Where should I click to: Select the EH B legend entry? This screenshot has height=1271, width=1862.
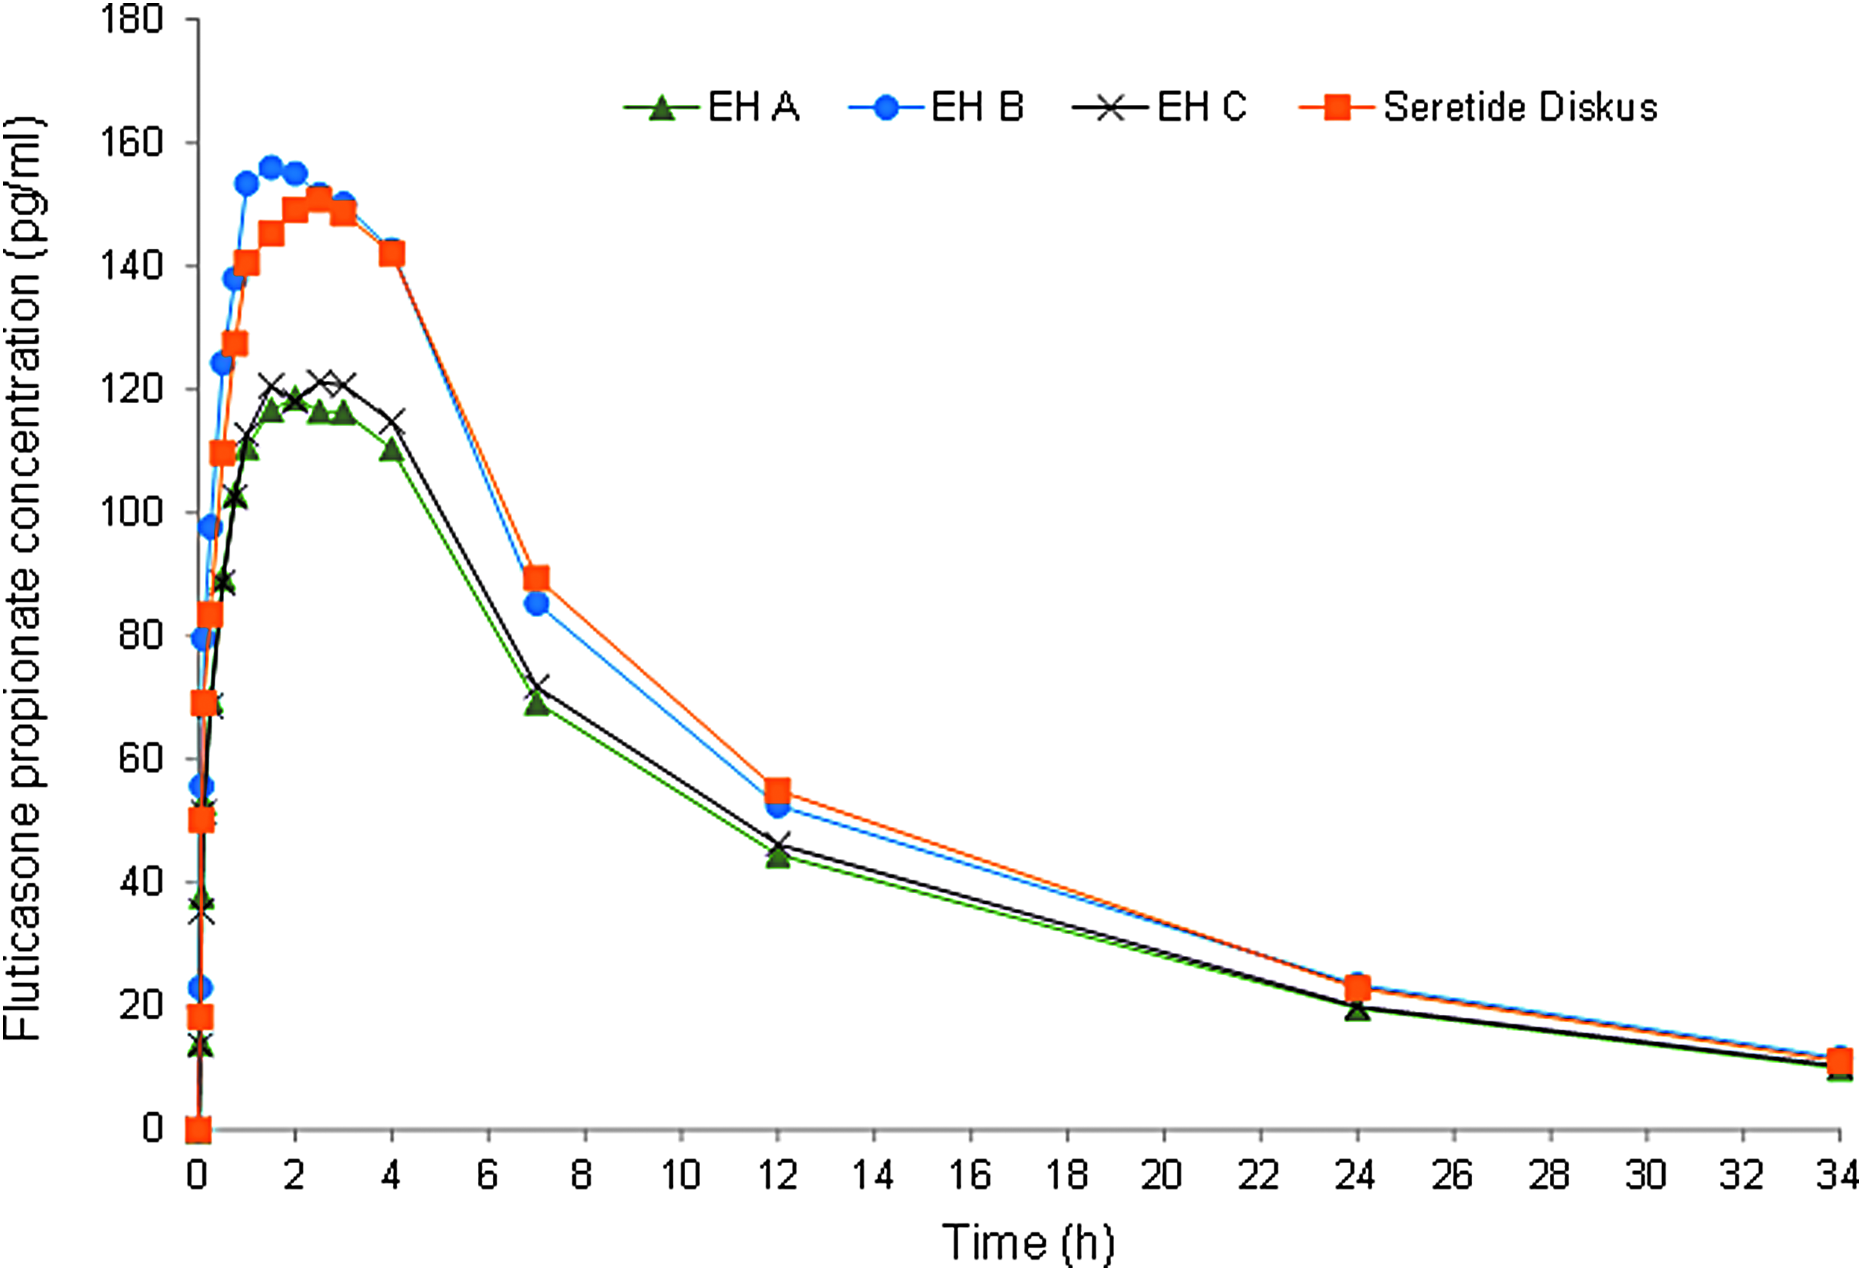pyautogui.click(x=937, y=107)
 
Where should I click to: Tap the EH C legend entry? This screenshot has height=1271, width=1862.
pyautogui.click(x=1159, y=107)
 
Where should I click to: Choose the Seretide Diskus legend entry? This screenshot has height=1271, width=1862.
pyautogui.click(x=1478, y=107)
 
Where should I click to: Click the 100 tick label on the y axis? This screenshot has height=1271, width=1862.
pyautogui.click(x=132, y=512)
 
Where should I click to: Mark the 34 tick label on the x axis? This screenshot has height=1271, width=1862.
pyautogui.click(x=1839, y=1175)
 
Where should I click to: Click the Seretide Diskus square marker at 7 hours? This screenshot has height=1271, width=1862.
pyautogui.click(x=536, y=578)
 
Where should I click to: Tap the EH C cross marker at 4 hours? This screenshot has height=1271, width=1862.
pyautogui.click(x=392, y=421)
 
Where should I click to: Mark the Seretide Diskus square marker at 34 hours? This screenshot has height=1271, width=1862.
pyautogui.click(x=1840, y=1062)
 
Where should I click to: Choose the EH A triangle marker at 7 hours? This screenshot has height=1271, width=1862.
pyautogui.click(x=537, y=703)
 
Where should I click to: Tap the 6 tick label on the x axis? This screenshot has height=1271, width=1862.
pyautogui.click(x=487, y=1175)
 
